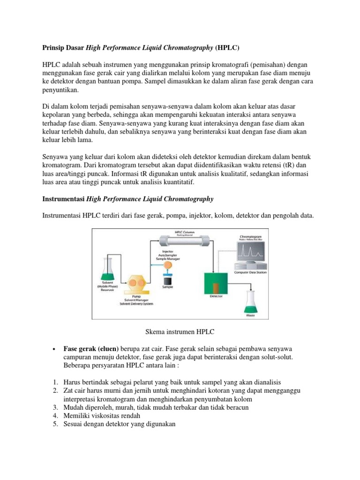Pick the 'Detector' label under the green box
(216, 296)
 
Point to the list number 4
(54, 416)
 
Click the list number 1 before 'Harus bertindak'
(54, 382)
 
